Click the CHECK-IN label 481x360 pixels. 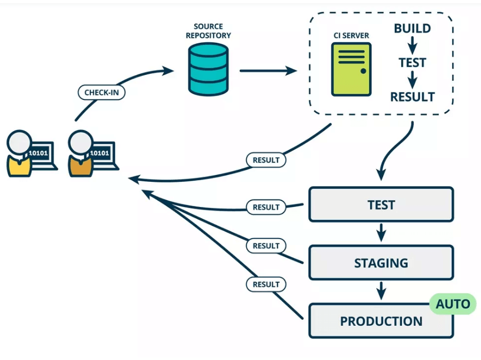coord(102,92)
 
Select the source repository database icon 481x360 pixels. coord(208,69)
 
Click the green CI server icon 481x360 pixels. coord(351,70)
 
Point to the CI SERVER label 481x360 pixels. coord(350,36)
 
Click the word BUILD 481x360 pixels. coord(413,28)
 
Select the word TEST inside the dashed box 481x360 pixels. coord(413,63)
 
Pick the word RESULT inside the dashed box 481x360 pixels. coord(413,97)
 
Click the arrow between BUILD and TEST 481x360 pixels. coord(413,45)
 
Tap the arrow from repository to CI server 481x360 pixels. coord(268,70)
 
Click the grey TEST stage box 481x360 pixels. coord(381,204)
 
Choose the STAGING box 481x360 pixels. coord(381,263)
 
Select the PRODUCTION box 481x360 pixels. coord(381,321)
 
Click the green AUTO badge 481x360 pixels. coord(453,304)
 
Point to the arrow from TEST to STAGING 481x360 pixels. coord(381,233)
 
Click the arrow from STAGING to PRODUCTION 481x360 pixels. coord(381,292)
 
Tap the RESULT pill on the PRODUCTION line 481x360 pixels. coord(266,284)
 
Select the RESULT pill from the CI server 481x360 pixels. coord(266,159)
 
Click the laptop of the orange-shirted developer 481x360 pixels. coord(101,155)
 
